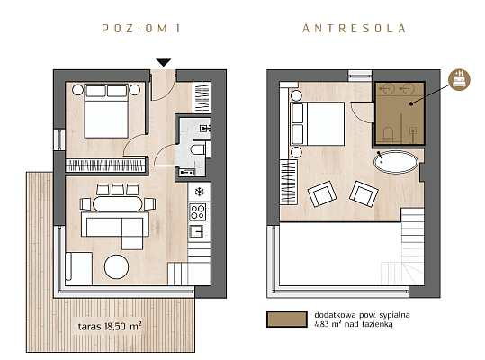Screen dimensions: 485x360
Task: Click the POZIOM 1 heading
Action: pyautogui.click(x=140, y=29)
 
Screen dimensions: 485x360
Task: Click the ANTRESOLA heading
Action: pyautogui.click(x=354, y=29)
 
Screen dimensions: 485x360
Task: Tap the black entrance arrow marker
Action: pyautogui.click(x=164, y=62)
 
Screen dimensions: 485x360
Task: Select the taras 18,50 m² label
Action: pyautogui.click(x=110, y=327)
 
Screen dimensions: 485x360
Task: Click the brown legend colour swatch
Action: pyautogui.click(x=287, y=319)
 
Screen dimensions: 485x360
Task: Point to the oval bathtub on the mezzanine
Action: pyautogui.click(x=396, y=162)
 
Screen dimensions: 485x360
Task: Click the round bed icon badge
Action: pyautogui.click(x=459, y=80)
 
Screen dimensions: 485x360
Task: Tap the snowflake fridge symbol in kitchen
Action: pyautogui.click(x=199, y=192)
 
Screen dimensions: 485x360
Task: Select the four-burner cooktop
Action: pyautogui.click(x=198, y=211)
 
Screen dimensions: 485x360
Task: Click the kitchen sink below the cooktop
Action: pyautogui.click(x=196, y=231)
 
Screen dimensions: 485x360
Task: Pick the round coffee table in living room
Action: pyautogui.click(x=116, y=266)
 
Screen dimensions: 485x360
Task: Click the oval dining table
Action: pyautogui.click(x=118, y=204)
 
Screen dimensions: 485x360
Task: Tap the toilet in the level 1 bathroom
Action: pyautogui.click(x=197, y=149)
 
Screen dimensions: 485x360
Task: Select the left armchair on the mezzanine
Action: pyautogui.click(x=322, y=193)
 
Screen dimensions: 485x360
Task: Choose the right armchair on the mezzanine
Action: pyautogui.click(x=364, y=193)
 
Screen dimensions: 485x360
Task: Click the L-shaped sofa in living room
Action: pyautogui.click(x=115, y=228)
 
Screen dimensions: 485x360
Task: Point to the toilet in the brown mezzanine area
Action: pyautogui.click(x=388, y=135)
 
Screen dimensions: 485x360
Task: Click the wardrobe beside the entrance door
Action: pyautogui.click(x=202, y=98)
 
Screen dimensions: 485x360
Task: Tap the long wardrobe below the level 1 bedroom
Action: pyautogui.click(x=105, y=166)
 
